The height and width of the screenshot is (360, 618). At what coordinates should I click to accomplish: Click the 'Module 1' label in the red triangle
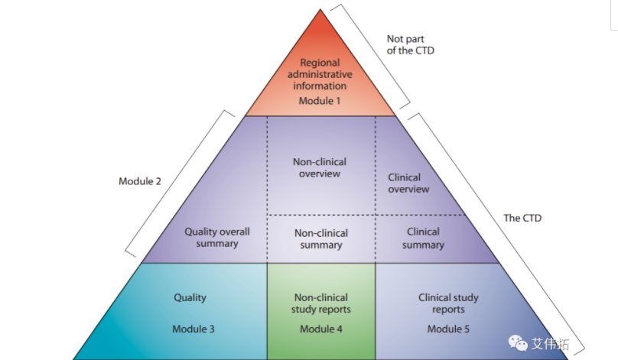click(320, 100)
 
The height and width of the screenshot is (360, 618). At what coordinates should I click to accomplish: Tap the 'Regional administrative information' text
click(320, 74)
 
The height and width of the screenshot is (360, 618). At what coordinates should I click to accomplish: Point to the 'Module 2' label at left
click(139, 181)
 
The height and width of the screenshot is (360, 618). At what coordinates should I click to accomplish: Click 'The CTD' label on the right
click(522, 218)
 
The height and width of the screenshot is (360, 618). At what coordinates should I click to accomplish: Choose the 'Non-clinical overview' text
click(320, 167)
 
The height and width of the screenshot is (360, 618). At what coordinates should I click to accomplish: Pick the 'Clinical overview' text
click(408, 183)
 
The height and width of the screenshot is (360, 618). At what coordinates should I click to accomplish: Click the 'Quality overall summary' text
click(217, 238)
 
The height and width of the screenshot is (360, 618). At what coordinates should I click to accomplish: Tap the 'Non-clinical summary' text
click(320, 238)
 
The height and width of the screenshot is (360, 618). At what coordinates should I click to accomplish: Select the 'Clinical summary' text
click(423, 238)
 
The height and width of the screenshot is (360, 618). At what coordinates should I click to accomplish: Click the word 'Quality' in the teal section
click(190, 297)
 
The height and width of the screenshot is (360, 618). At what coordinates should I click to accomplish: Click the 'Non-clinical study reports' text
click(321, 303)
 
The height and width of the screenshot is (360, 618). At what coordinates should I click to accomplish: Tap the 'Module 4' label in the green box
click(321, 329)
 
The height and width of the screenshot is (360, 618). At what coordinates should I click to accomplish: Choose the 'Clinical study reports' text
click(448, 303)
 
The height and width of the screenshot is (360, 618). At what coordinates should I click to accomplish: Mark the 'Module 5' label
click(448, 329)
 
